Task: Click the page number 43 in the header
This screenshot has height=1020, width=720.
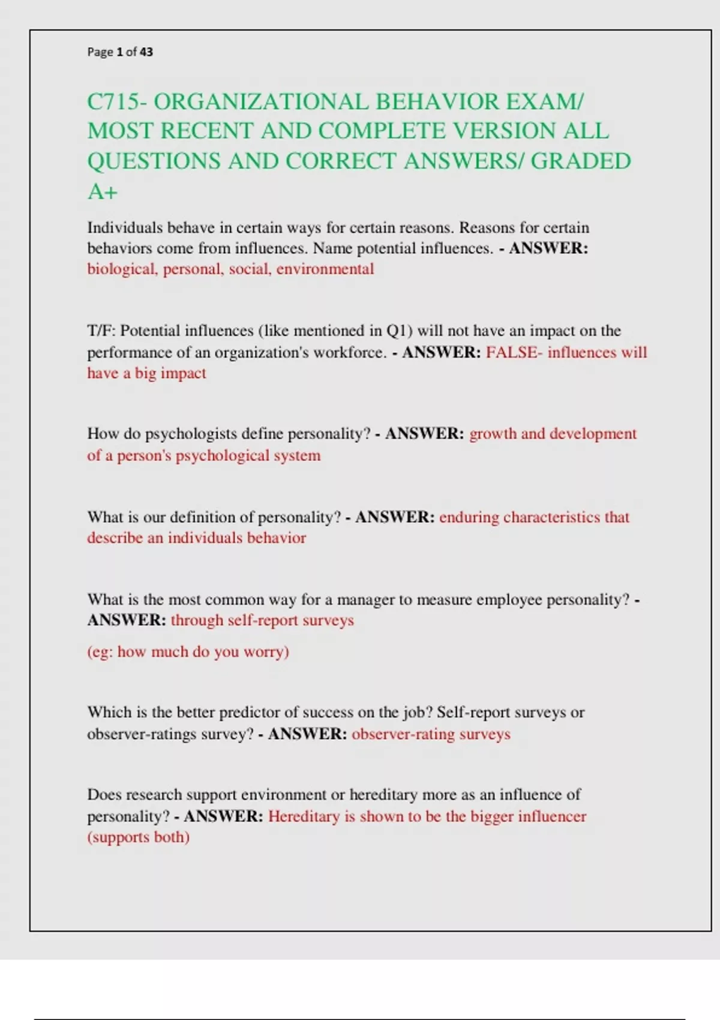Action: click(146, 52)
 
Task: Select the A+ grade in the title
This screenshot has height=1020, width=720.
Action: click(102, 192)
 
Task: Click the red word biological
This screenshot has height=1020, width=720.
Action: click(122, 269)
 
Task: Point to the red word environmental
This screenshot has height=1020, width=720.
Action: click(325, 269)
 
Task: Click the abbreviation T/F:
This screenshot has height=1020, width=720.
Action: click(101, 331)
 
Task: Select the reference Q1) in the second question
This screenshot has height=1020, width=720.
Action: click(399, 331)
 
